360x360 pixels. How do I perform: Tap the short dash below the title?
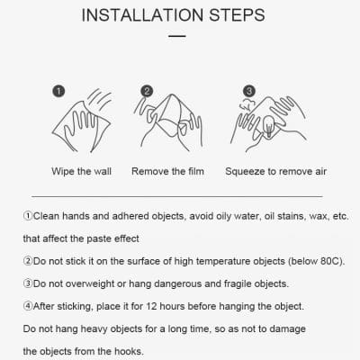176,37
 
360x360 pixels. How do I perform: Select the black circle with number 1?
58,91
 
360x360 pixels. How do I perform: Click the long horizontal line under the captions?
176,195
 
